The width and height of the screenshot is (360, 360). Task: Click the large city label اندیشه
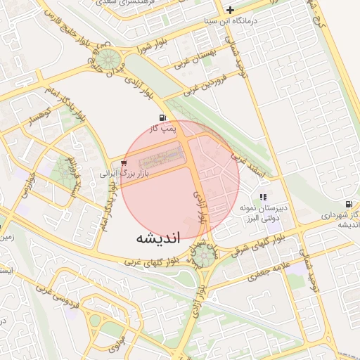[158, 238]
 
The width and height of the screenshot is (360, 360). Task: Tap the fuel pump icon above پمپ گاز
[163, 117]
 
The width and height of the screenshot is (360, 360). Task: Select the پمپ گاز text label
[163, 129]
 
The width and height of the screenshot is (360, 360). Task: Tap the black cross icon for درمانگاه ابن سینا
[231, 10]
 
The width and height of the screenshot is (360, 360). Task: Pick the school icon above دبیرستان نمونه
[263, 198]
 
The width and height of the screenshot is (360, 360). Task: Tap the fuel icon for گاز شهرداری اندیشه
[348, 204]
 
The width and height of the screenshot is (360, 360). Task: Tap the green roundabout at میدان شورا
[108, 59]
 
